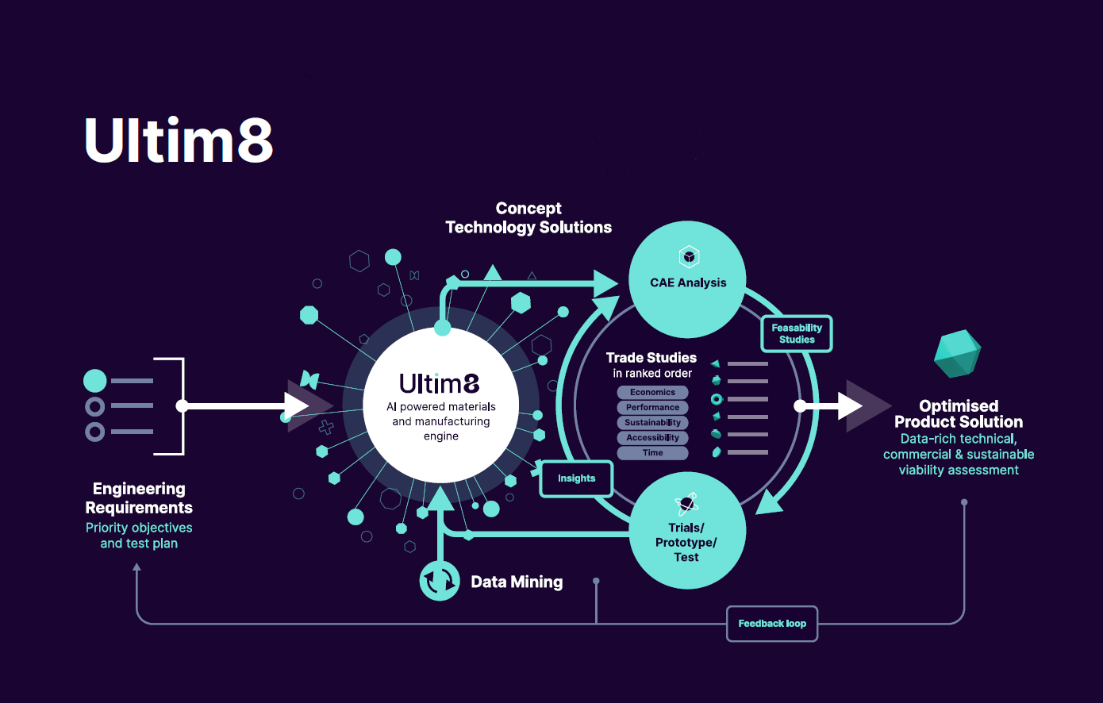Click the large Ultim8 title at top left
[x=179, y=140]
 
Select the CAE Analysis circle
[x=687, y=279]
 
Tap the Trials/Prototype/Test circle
[x=687, y=532]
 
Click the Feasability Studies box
[x=797, y=334]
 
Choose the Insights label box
[x=576, y=478]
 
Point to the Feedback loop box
[x=772, y=624]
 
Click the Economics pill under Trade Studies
[x=652, y=392]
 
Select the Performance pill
[x=652, y=407]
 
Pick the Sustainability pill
[x=652, y=422]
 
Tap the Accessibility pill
[x=652, y=437]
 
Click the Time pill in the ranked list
[x=652, y=452]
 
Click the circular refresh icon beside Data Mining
[x=440, y=581]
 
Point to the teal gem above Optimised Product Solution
[x=958, y=354]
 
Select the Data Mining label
[x=517, y=582]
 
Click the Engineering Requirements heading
[x=139, y=498]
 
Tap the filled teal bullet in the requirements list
[x=95, y=381]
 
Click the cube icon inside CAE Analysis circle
[x=689, y=257]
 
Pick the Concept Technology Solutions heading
[x=528, y=218]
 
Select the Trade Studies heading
[x=651, y=358]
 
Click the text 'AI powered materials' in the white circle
[x=441, y=407]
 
